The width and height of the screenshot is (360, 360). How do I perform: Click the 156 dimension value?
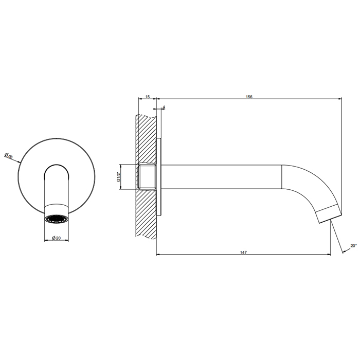pyautogui.click(x=249, y=97)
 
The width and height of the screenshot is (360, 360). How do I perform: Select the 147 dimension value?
pyautogui.click(x=243, y=253)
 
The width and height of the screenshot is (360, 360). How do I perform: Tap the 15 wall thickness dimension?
pyautogui.click(x=148, y=97)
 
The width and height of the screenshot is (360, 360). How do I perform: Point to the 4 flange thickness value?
pyautogui.click(x=164, y=107)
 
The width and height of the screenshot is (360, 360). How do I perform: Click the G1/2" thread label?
pyautogui.click(x=118, y=176)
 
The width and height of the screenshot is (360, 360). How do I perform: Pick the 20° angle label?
pyautogui.click(x=354, y=245)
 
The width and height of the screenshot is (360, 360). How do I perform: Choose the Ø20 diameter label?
pyautogui.click(x=56, y=238)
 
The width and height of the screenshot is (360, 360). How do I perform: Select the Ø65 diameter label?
pyautogui.click(x=9, y=156)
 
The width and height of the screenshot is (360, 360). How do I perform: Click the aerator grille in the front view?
pyautogui.click(x=57, y=219)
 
